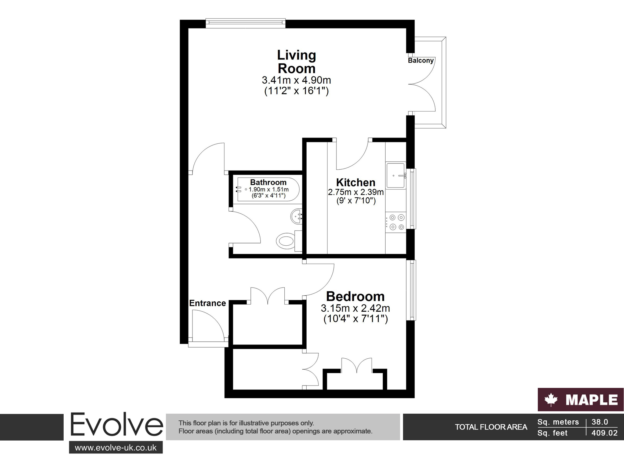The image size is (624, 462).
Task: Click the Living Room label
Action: click(296, 61)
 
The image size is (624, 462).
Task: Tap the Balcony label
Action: click(421, 60)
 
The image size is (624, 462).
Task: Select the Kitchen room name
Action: click(356, 182)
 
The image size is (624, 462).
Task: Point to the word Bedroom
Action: click(355, 296)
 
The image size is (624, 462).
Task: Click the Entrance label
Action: click(208, 303)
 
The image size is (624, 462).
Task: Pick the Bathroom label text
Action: click(268, 182)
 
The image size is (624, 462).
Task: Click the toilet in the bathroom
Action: click(289, 241)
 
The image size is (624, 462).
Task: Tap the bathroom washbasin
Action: click(296, 216)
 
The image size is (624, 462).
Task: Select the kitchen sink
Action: click(396, 175)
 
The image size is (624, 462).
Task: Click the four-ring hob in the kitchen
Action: click(396, 222)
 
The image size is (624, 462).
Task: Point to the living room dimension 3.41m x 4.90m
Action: click(296, 80)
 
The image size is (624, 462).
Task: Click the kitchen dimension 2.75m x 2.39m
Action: click(356, 192)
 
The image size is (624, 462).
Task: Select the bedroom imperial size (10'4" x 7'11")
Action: click(355, 319)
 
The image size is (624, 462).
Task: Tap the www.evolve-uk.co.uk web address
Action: click(116, 448)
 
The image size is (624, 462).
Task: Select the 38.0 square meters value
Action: click(600, 422)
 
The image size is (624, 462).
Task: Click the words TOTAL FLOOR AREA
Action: click(491, 427)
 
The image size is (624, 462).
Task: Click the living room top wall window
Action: click(246, 23)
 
